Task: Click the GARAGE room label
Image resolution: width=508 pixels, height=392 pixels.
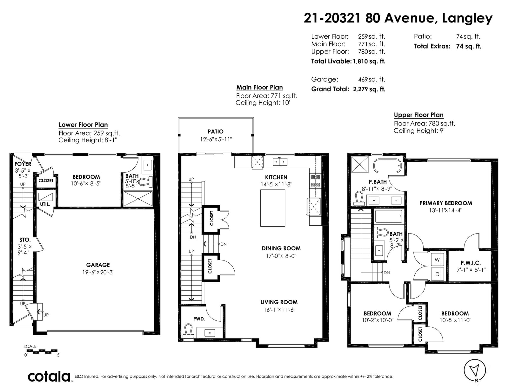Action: click(98, 265)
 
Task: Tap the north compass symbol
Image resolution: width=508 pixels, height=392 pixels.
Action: click(475, 371)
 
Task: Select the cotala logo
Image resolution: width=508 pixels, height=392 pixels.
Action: click(49, 376)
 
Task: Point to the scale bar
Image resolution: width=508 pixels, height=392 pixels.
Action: click(42, 351)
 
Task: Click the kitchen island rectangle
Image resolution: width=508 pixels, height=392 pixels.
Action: click(273, 208)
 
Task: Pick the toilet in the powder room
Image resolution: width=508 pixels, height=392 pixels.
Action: click(188, 331)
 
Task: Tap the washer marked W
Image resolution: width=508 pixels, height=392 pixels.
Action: click(437, 260)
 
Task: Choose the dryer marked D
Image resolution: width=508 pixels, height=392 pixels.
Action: click(437, 274)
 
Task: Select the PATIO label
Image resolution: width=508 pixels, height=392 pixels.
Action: click(216, 132)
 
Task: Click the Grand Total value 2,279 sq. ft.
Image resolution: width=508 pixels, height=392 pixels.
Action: click(369, 89)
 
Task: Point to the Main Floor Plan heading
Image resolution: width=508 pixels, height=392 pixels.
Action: click(259, 87)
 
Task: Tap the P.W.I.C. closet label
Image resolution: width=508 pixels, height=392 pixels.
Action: click(471, 263)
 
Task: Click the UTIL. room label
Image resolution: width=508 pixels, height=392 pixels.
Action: click(45, 204)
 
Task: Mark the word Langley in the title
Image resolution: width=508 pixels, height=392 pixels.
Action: click(467, 19)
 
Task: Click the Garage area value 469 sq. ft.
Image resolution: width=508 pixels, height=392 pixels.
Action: click(372, 79)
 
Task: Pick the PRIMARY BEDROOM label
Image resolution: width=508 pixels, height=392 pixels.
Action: click(446, 203)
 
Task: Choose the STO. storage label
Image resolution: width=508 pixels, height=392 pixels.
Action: click(25, 240)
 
